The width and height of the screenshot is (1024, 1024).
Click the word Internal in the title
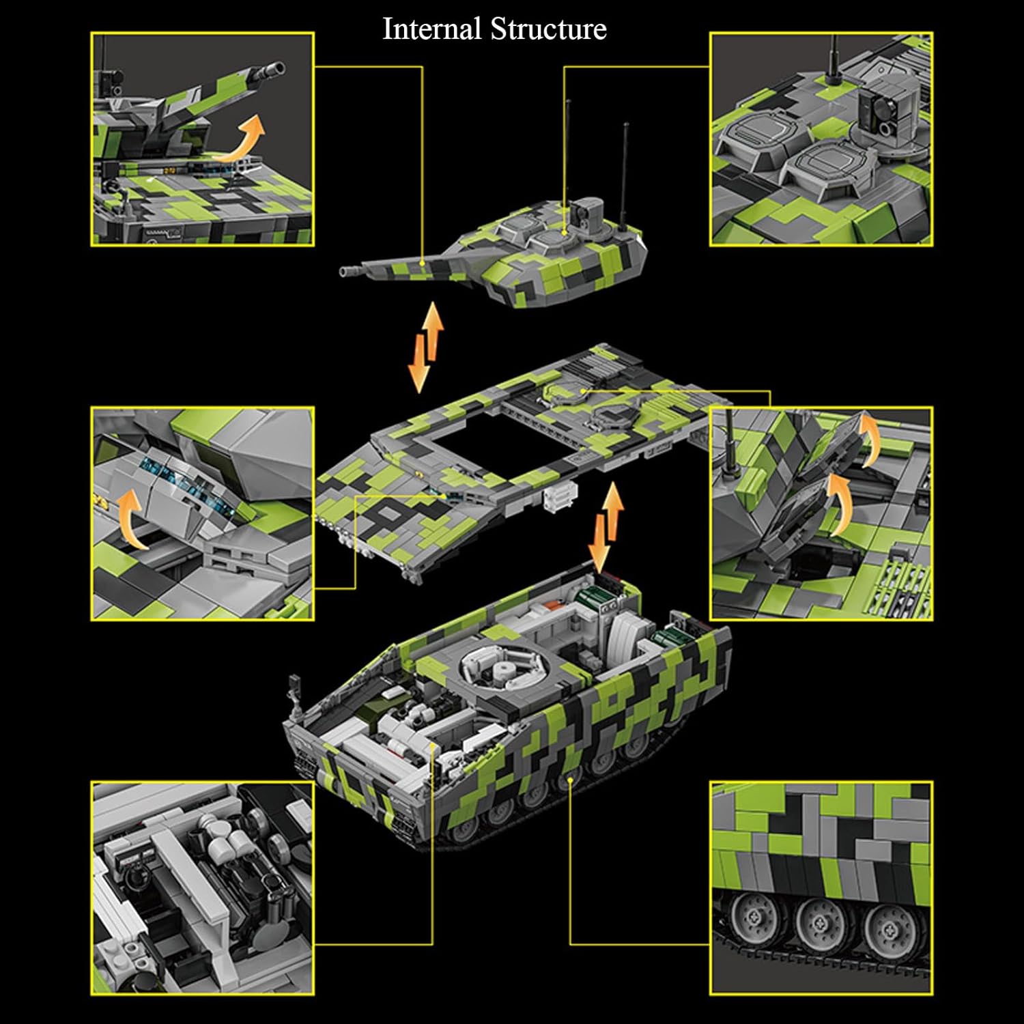pyautogui.click(x=431, y=29)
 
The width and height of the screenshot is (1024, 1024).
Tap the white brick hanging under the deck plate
pyautogui.click(x=560, y=496)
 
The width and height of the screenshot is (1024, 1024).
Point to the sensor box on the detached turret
pyautogui.click(x=588, y=212)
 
